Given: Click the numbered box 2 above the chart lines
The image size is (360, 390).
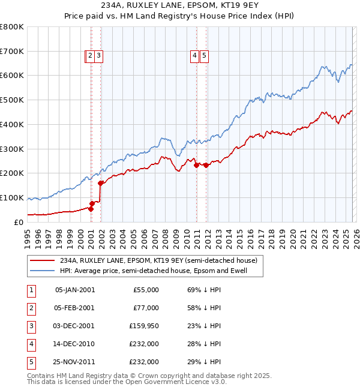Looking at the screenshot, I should click(x=89, y=56).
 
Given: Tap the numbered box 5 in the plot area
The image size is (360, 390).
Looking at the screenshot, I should click(x=205, y=56).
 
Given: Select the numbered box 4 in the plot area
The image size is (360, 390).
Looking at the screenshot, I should click(x=195, y=56).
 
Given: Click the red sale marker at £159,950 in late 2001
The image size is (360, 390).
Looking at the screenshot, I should click(x=101, y=183).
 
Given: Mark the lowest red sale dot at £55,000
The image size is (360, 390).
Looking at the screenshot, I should click(x=91, y=209).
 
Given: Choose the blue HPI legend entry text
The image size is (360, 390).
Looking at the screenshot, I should click(x=161, y=271).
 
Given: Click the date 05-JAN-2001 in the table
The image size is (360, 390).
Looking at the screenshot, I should click(x=74, y=290).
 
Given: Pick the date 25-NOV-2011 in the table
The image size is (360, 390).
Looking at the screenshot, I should click(x=74, y=362).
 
